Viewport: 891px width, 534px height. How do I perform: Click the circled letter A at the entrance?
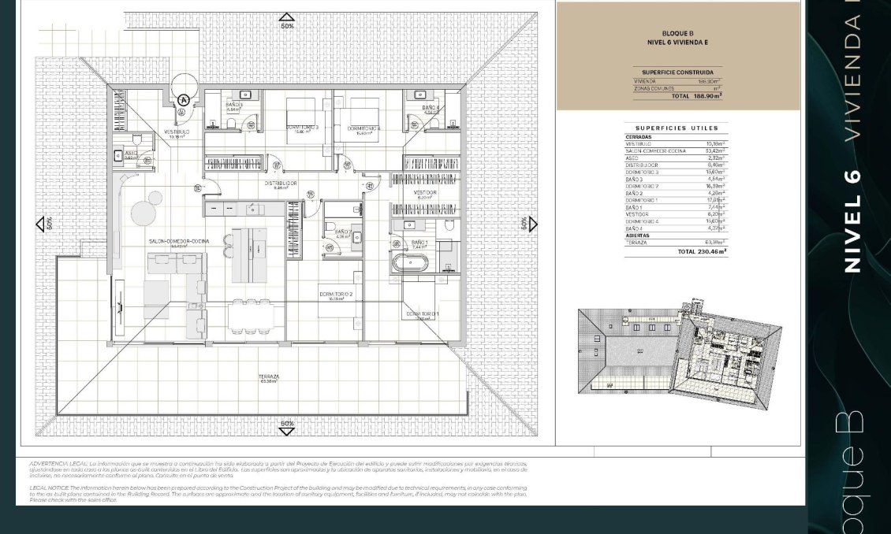click(x=184, y=100)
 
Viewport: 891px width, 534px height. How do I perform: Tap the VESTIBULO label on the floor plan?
click(x=176, y=132)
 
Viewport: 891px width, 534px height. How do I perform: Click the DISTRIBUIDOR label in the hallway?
click(x=281, y=184)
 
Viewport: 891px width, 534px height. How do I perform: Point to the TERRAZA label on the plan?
click(x=268, y=377)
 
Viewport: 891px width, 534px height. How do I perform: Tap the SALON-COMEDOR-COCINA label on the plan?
click(x=179, y=242)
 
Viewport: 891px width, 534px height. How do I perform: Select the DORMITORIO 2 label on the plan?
click(x=336, y=294)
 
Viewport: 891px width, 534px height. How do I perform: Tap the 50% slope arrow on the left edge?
click(x=41, y=224)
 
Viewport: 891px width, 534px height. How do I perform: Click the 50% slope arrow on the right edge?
click(x=532, y=224)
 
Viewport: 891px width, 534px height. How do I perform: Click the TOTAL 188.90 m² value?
click(x=696, y=96)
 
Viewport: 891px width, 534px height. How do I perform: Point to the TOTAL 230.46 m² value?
click(x=702, y=252)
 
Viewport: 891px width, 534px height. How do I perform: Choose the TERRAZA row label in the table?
click(x=636, y=243)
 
